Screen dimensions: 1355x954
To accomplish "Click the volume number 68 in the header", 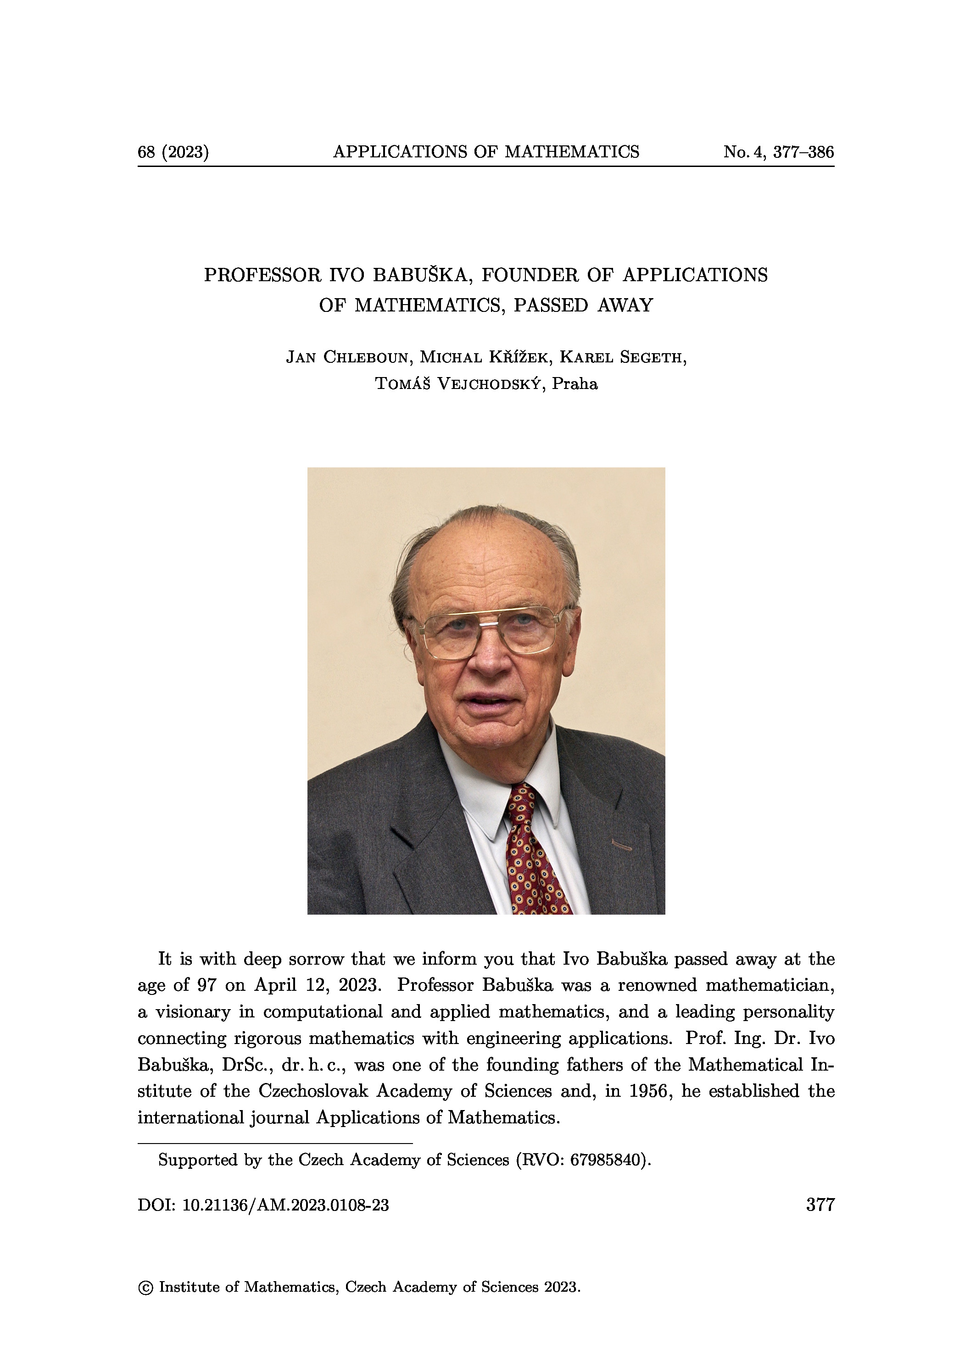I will click(146, 152).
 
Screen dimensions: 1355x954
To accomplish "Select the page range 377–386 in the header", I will click(803, 152).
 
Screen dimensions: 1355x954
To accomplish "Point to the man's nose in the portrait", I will click(490, 661).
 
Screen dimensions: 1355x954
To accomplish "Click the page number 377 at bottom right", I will click(820, 1204).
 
